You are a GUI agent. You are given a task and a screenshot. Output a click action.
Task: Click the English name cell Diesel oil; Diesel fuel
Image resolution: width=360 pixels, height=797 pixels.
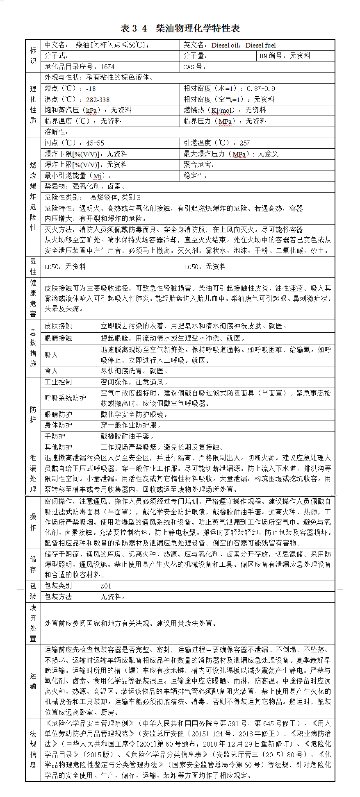[x=244, y=45]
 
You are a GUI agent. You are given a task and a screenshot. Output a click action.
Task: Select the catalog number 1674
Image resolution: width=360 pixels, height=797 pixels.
[x=108, y=67]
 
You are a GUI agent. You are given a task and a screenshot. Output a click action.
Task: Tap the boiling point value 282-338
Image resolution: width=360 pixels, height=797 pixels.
[x=98, y=100]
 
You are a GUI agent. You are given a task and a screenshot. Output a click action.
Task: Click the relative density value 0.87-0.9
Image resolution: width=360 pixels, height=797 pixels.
[x=260, y=89]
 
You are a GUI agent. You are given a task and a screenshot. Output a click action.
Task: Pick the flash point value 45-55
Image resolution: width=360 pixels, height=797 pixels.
[x=95, y=143]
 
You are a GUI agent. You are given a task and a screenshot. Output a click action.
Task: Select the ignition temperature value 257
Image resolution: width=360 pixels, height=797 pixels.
[x=245, y=143]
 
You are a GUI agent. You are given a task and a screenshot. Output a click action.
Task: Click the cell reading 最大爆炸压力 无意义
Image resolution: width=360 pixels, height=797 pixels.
[x=231, y=154]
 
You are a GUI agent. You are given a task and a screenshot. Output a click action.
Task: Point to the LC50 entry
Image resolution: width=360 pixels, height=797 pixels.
[x=205, y=267]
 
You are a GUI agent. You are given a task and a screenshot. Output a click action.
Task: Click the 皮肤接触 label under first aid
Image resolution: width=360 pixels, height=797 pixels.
[x=58, y=326]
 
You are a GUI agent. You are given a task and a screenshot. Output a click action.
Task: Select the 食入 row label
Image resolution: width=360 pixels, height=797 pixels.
[x=51, y=371]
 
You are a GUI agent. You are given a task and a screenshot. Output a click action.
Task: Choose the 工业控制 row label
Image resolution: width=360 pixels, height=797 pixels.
[x=58, y=382]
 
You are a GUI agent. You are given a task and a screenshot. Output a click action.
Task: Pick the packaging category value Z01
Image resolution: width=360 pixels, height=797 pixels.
[x=106, y=586]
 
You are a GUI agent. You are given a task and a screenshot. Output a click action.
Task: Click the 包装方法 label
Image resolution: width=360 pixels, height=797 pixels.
[x=58, y=597]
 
